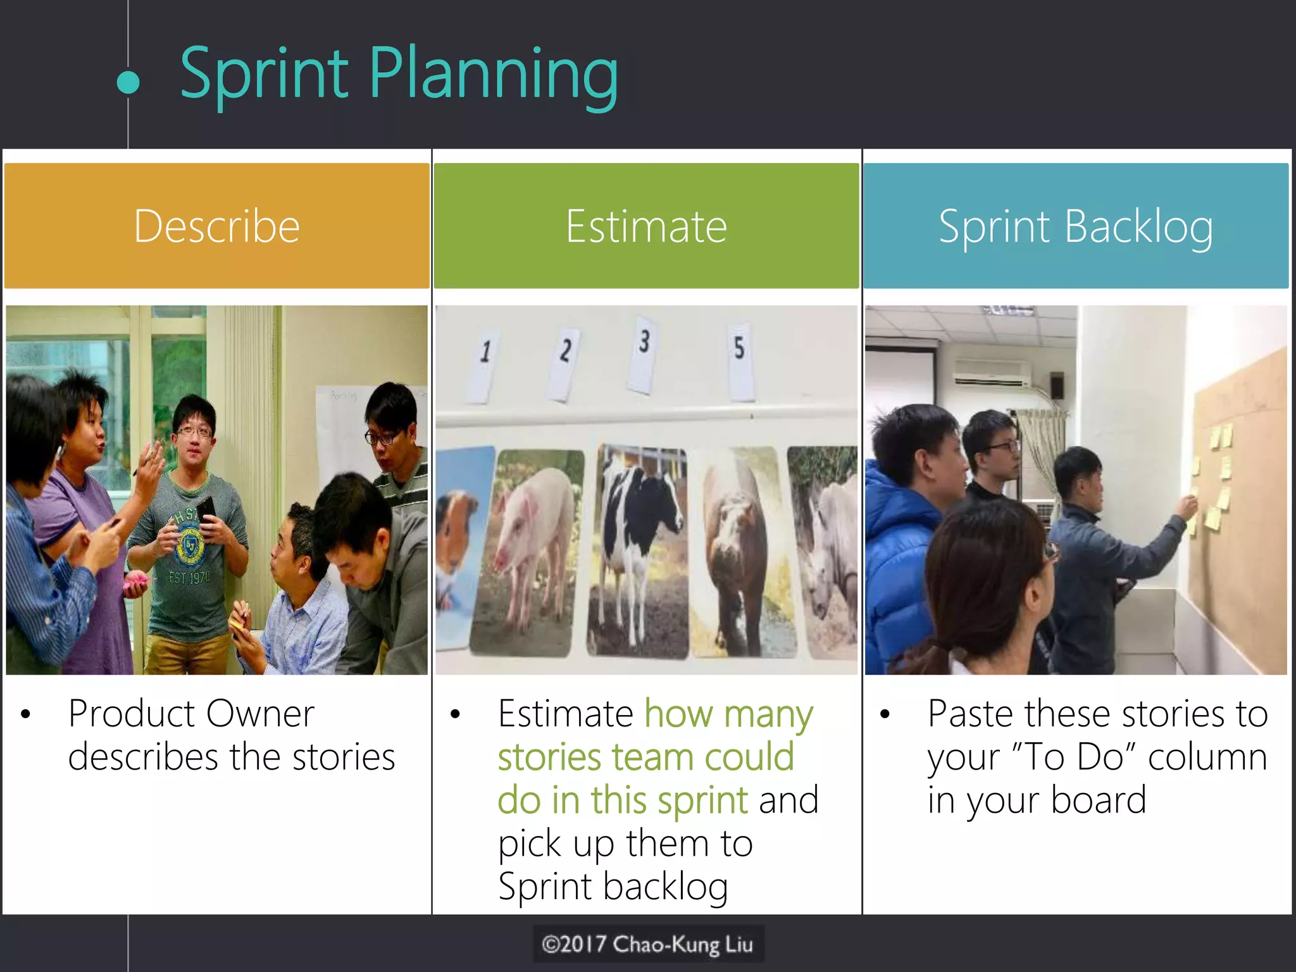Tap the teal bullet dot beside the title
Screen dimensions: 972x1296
[x=128, y=83]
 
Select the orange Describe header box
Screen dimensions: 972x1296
[x=216, y=226]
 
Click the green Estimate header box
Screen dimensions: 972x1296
[x=646, y=226]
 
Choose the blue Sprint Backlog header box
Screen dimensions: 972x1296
[x=1076, y=226]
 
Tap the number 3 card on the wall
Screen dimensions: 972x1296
[x=644, y=354]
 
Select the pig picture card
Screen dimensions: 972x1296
[x=535, y=551]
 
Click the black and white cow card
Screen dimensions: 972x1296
[x=639, y=551]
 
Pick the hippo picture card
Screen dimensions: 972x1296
[x=740, y=551]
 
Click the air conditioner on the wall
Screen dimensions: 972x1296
[x=992, y=373]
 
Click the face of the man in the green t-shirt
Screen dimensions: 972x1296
[x=194, y=437]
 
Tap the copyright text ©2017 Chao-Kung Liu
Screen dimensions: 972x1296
[x=647, y=944]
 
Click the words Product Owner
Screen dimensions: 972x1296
[x=191, y=714]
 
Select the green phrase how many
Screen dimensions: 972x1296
[x=728, y=714]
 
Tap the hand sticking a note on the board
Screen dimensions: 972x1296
[x=1188, y=506]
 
